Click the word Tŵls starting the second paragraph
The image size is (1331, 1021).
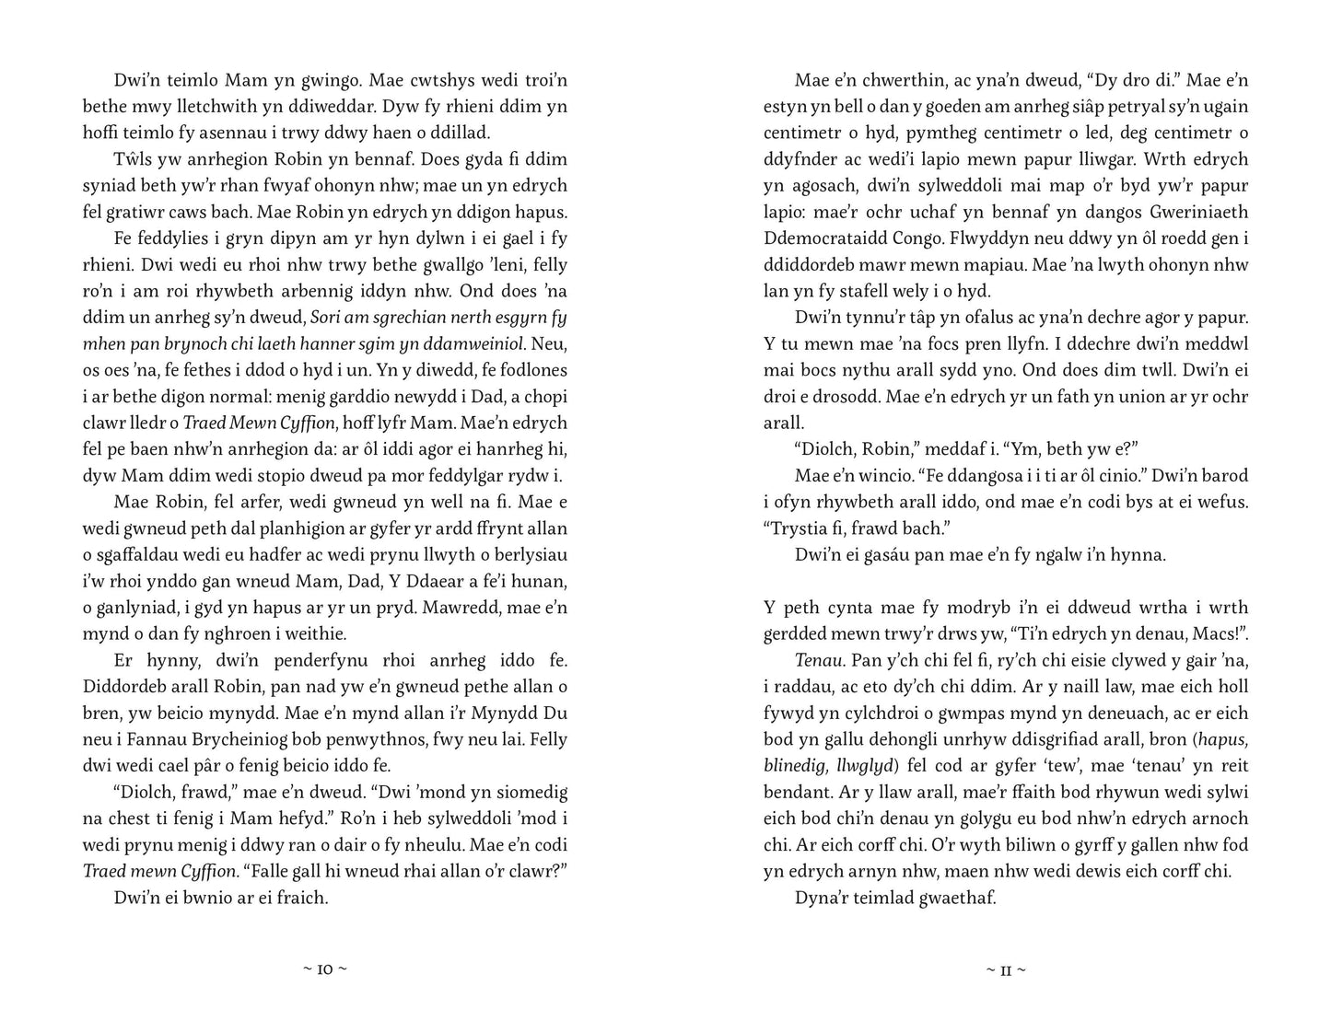(132, 159)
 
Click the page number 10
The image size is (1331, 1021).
(326, 969)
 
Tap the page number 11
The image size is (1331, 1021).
(1006, 969)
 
